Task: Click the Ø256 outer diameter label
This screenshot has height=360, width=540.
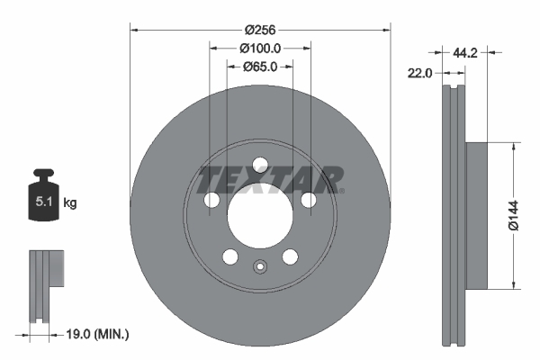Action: [260, 18]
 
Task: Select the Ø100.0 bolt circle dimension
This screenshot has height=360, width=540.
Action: [261, 49]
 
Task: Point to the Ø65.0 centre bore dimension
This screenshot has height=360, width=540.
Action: [261, 67]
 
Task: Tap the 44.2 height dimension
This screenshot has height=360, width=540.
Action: [464, 53]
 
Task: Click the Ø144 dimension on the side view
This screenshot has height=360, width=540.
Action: [514, 215]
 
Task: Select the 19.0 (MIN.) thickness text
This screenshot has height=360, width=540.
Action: [100, 335]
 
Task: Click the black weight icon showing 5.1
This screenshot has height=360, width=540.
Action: [43, 200]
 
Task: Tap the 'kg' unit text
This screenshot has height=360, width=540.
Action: [70, 203]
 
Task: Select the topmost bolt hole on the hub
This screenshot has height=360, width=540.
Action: [261, 166]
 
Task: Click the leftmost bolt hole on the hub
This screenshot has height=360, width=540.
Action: [212, 200]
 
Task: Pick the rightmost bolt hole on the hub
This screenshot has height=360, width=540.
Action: [309, 200]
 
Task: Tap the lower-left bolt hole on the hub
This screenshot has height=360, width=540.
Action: [231, 257]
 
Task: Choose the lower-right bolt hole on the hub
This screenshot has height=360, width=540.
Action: [290, 257]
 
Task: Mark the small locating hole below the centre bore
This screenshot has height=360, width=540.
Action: [261, 266]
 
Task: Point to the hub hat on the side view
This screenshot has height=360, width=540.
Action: [474, 215]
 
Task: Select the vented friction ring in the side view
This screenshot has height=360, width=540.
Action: [452, 215]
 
